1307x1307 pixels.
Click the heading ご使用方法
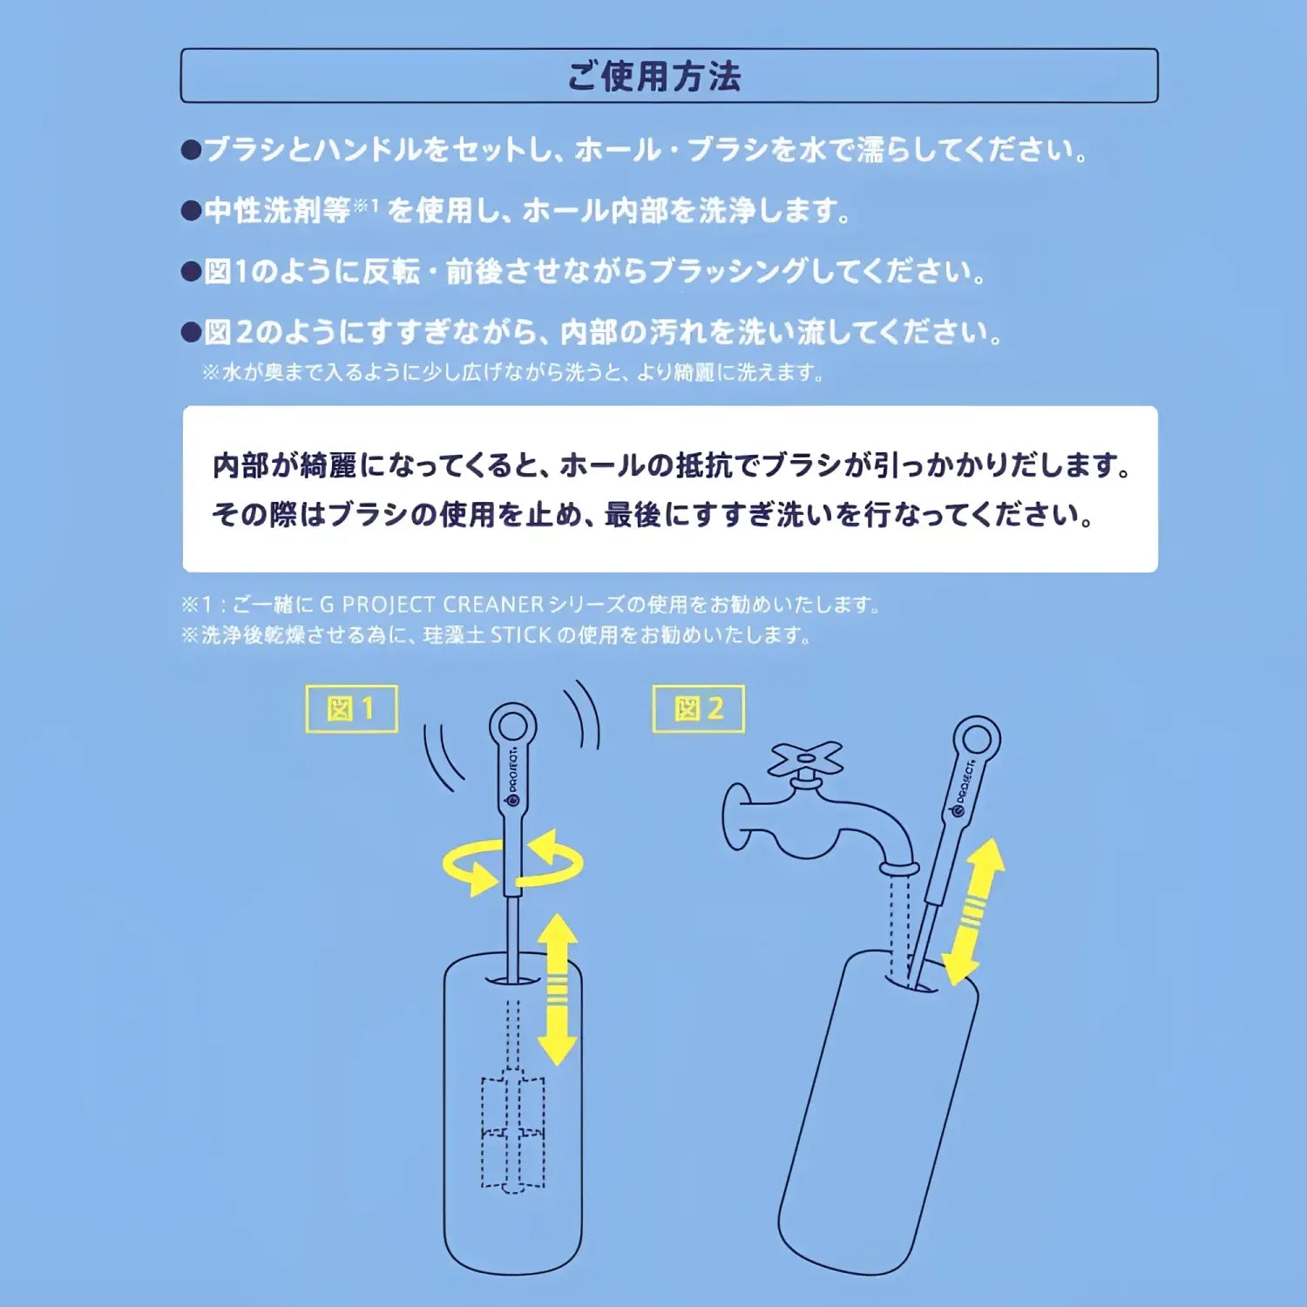click(x=653, y=77)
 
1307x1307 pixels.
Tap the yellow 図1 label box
click(x=351, y=709)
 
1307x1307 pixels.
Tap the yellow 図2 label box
click(x=699, y=709)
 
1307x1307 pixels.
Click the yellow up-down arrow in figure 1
click(x=558, y=990)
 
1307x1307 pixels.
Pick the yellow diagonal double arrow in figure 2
click(x=974, y=911)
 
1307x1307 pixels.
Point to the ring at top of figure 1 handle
click(x=512, y=726)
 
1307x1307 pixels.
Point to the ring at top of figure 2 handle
click(x=977, y=740)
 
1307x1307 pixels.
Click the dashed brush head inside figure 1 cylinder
click(x=513, y=1133)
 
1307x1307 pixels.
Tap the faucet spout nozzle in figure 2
click(x=898, y=869)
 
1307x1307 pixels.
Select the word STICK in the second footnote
click(x=520, y=635)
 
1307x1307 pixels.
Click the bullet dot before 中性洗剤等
click(x=191, y=211)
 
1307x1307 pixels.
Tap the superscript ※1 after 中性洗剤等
click(x=366, y=207)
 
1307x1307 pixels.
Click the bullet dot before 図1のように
click(x=191, y=272)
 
